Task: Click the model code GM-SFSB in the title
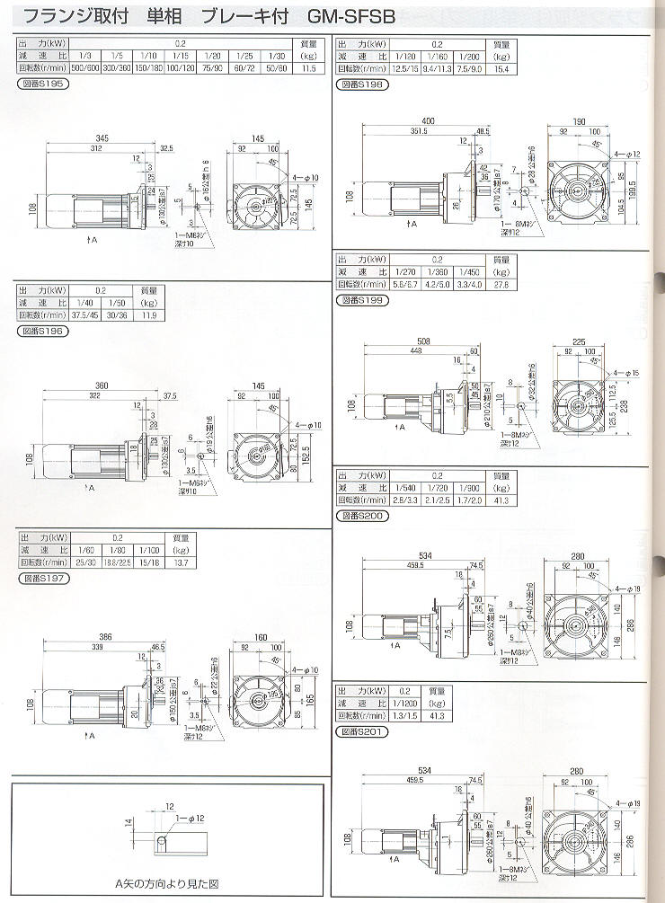coord(350,16)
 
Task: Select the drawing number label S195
coord(41,84)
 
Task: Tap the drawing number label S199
coord(362,300)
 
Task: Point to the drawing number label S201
coord(362,730)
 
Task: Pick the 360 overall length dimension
coord(102,385)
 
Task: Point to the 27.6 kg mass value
coord(501,283)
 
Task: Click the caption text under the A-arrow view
coord(166,883)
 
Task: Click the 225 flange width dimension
coord(579,341)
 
